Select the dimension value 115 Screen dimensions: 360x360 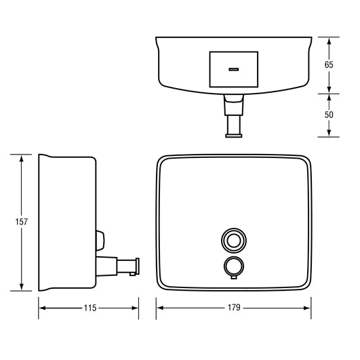point(88,308)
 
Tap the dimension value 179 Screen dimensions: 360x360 point(234,308)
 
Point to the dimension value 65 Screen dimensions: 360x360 point(329,65)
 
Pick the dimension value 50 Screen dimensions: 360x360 point(329,115)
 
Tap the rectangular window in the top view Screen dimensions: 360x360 point(234,69)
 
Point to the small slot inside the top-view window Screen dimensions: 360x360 point(234,69)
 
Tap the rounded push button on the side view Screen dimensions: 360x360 point(100,239)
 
